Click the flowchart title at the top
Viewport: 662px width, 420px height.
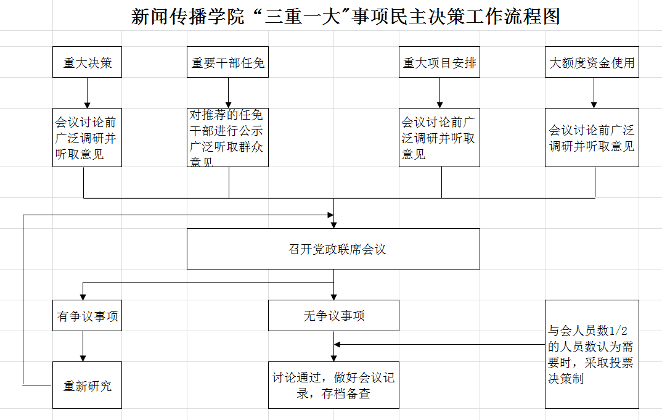tap(346, 16)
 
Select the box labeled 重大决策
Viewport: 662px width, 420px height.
tap(87, 62)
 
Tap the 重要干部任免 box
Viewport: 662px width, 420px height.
tap(228, 62)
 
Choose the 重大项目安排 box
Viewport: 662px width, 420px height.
tap(439, 62)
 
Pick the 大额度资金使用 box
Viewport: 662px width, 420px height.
tap(592, 62)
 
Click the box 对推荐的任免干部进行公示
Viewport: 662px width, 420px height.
tap(228, 138)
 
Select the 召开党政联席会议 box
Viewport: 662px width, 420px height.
tap(333, 249)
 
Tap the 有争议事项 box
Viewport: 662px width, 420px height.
tap(87, 316)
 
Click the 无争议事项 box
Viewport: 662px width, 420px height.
tap(333, 316)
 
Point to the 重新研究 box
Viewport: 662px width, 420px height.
tap(87, 385)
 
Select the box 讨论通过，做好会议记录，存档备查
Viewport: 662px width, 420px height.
tap(333, 385)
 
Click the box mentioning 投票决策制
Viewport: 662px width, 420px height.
tap(592, 354)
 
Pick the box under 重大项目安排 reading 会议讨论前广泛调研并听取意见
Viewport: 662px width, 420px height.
tap(439, 138)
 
